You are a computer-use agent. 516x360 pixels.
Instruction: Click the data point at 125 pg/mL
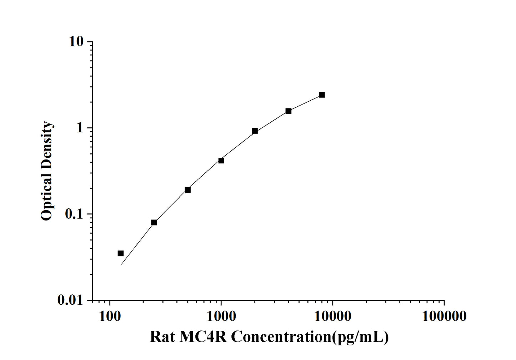coord(121,253)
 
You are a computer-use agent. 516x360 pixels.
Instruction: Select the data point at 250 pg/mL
coord(154,222)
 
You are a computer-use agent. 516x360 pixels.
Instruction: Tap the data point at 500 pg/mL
coord(187,190)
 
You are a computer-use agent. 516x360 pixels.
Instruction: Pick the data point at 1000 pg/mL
coord(221,161)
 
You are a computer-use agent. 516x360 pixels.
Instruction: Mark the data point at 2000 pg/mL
coord(255,131)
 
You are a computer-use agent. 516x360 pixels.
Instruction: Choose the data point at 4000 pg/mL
coord(288,111)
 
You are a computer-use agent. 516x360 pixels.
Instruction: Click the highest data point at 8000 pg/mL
coord(322,95)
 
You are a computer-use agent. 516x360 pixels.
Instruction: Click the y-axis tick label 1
coord(79,128)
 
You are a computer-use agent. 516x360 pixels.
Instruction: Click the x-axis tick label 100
coord(109,316)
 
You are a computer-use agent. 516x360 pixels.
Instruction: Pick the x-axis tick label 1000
coord(221,316)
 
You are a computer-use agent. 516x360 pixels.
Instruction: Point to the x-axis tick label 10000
coord(333,316)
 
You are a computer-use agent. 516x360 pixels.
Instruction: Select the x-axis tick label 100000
coord(444,316)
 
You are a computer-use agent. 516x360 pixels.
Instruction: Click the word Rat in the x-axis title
coord(162,337)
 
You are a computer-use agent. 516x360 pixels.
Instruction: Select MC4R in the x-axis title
coord(202,337)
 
